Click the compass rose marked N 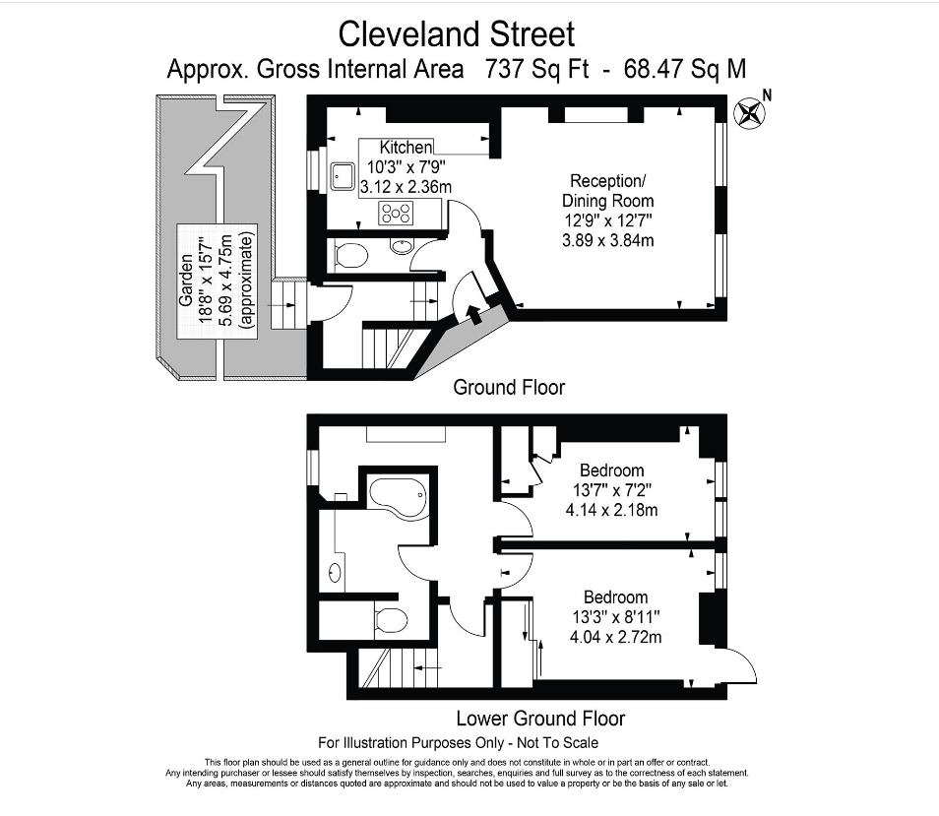point(750,113)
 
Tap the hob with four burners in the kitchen point(396,214)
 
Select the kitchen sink point(342,176)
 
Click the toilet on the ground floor point(349,256)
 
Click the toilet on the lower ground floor point(390,620)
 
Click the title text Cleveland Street point(457,34)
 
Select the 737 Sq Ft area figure point(536,69)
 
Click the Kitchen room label point(406,148)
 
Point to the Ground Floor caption point(509,388)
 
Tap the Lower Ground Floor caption point(540,719)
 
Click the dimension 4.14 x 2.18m point(611,510)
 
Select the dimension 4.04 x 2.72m point(615,637)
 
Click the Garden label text point(186,281)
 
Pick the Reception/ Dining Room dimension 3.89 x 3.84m point(608,241)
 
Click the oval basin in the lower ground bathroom point(336,573)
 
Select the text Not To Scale point(557,743)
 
